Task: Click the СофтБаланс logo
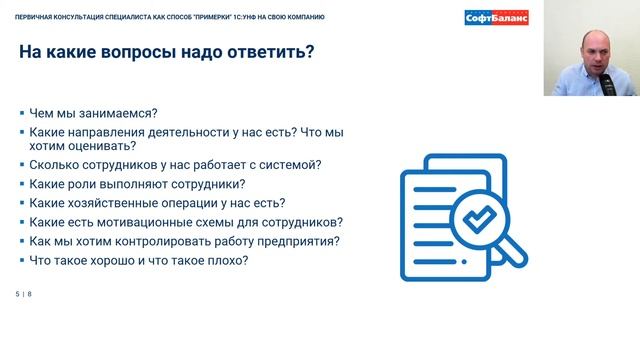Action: pos(497,17)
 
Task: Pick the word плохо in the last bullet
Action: pos(223,260)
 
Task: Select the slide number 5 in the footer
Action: pos(18,293)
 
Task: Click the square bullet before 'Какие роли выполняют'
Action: pos(21,185)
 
